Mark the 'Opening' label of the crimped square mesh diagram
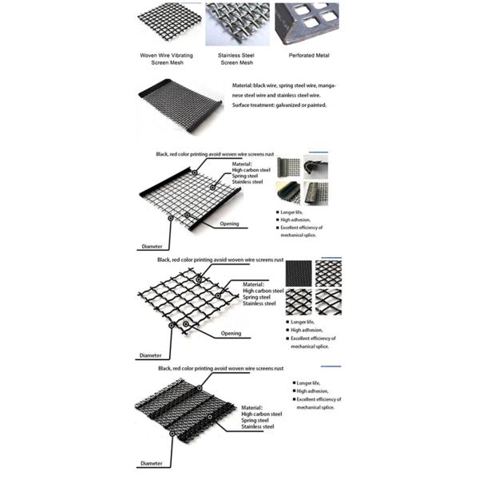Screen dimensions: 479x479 231,334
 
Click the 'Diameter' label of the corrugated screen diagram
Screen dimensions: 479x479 152,461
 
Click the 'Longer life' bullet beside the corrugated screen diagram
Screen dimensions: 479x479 310,384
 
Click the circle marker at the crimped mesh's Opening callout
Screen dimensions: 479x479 185,323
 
